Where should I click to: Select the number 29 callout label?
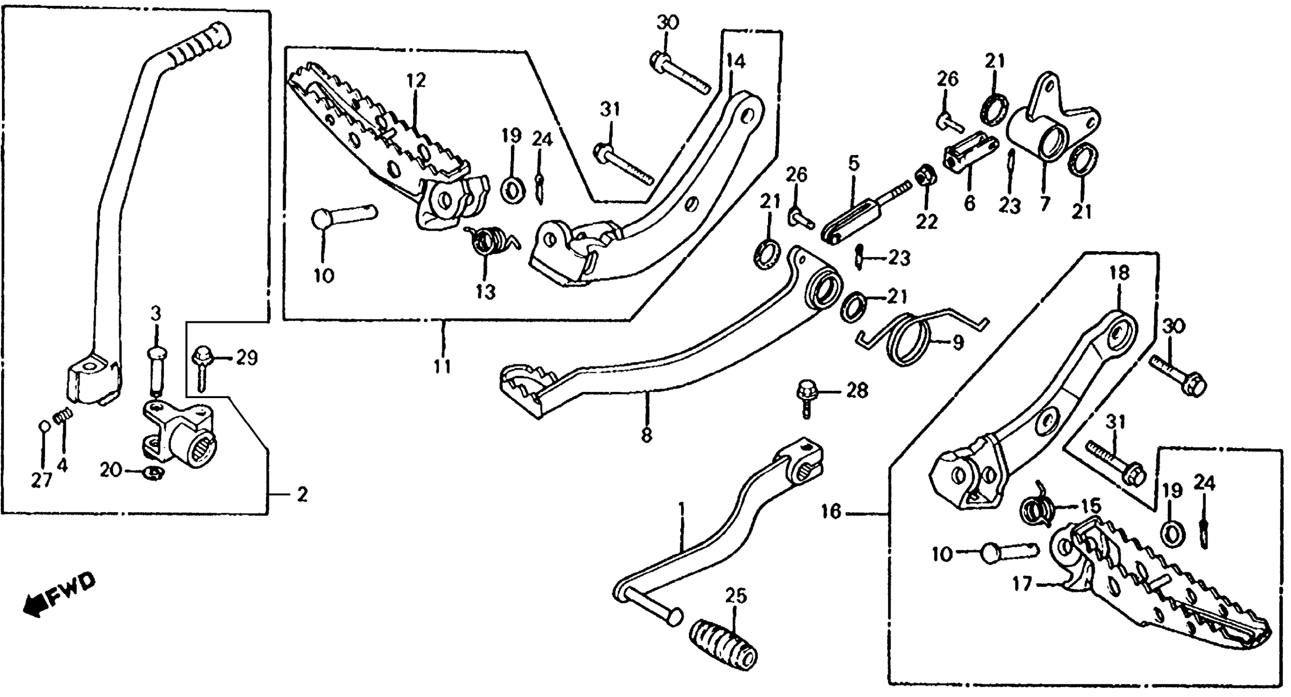point(247,358)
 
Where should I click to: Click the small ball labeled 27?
point(44,426)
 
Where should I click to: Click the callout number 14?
point(736,61)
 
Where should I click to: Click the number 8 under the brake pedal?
point(647,435)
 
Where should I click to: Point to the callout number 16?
point(831,512)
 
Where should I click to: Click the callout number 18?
point(1119,273)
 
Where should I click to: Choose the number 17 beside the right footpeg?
point(1023,584)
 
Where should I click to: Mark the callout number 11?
point(442,366)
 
